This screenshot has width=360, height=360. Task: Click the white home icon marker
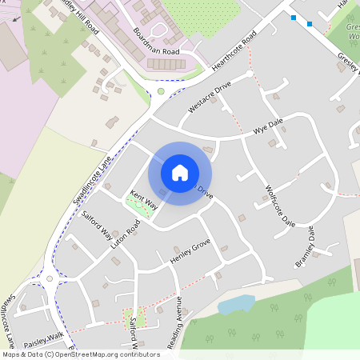click(x=180, y=173)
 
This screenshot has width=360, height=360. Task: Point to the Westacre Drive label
click(x=209, y=95)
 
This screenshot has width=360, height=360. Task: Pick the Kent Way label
click(x=144, y=200)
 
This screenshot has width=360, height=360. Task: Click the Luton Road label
click(x=126, y=233)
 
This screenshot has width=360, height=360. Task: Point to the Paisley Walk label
click(x=43, y=336)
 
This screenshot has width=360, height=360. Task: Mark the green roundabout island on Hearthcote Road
click(x=161, y=91)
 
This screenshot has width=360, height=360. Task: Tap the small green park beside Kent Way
click(x=139, y=205)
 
